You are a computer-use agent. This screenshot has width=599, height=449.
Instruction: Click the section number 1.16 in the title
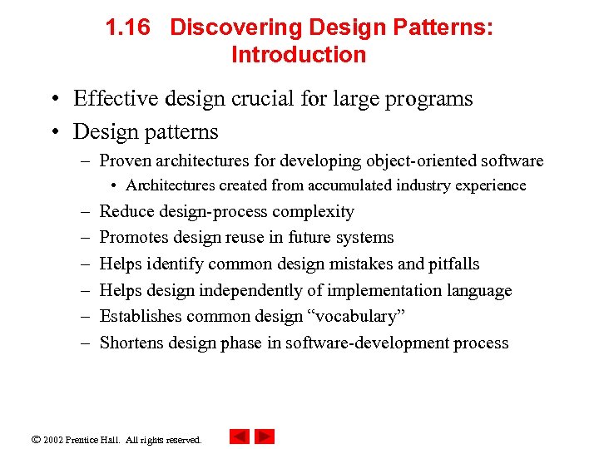click(x=127, y=27)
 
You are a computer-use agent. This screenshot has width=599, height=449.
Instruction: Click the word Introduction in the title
click(x=299, y=55)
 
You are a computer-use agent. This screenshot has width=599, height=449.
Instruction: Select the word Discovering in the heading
click(x=235, y=27)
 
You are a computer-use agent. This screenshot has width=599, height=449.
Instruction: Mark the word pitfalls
click(x=454, y=264)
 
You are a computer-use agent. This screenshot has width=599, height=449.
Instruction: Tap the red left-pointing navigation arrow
click(x=239, y=437)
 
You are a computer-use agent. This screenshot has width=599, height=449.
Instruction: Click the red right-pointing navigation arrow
click(x=265, y=437)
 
